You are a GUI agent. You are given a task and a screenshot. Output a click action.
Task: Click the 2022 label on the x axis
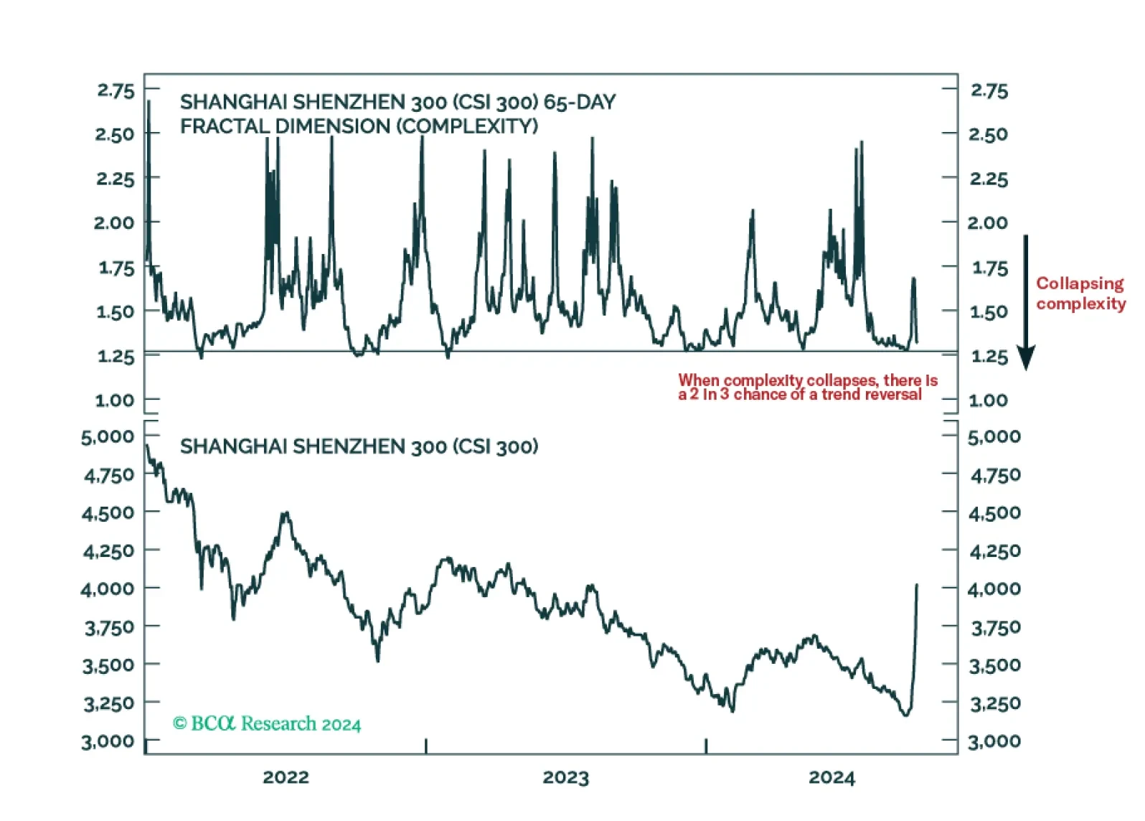click(x=286, y=777)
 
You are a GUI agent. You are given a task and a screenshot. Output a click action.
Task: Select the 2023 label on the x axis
click(x=566, y=777)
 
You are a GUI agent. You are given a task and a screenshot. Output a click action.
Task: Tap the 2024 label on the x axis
click(x=831, y=777)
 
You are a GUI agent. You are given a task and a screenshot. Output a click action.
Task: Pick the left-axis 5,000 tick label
click(x=108, y=436)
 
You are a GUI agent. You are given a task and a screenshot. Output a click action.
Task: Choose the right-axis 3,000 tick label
click(x=994, y=741)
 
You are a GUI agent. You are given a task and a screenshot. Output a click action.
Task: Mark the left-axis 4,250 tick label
click(x=109, y=551)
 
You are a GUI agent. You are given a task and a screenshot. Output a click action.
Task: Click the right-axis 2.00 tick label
click(x=988, y=223)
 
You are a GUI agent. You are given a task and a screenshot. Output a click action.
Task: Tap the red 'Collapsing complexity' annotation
click(x=1080, y=294)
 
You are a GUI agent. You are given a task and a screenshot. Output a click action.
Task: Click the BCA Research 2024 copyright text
click(x=267, y=723)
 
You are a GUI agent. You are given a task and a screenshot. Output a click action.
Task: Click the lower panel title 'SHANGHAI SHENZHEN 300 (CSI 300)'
click(x=359, y=446)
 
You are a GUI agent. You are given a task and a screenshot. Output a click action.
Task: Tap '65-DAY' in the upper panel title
click(x=580, y=102)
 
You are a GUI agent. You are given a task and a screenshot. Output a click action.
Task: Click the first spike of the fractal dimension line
click(x=149, y=100)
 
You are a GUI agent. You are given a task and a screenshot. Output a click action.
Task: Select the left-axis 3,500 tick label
click(x=108, y=665)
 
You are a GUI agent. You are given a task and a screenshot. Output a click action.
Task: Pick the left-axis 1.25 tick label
click(x=116, y=356)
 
